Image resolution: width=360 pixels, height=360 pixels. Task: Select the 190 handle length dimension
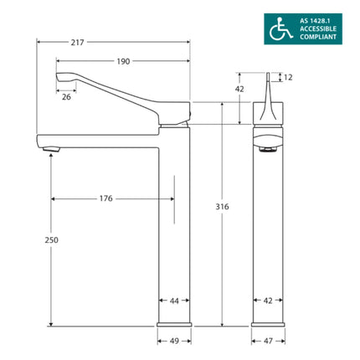coord(124,61)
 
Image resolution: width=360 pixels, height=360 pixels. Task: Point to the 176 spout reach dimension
coord(106,198)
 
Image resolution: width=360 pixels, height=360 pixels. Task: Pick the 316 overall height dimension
coord(221,206)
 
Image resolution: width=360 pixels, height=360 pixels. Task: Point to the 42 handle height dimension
coord(239,89)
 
